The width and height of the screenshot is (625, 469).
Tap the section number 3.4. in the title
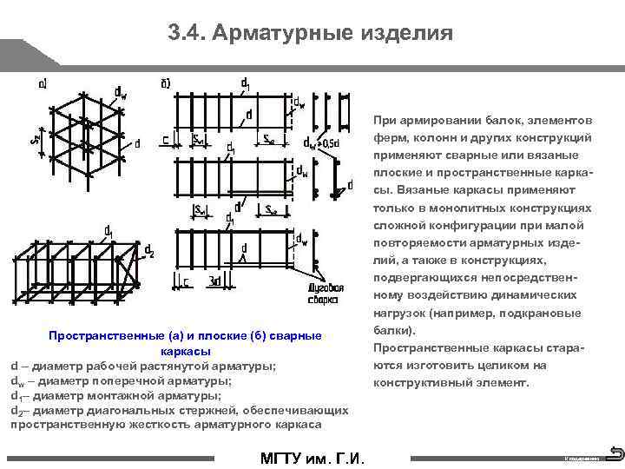(187, 33)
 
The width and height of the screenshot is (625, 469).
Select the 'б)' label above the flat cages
(166, 84)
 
